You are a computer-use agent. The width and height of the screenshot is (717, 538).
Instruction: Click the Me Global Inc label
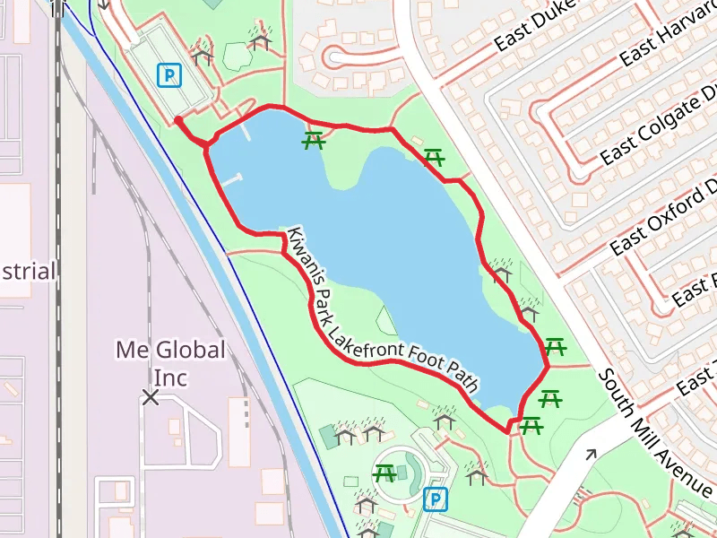170,362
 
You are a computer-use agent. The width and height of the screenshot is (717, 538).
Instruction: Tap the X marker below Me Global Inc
151,396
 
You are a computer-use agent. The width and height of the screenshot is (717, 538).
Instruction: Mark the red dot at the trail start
178,120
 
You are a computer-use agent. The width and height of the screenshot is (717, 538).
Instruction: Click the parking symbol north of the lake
168,75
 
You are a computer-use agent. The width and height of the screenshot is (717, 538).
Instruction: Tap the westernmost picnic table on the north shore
313,141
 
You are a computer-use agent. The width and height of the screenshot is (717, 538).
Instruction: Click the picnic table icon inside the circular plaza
385,473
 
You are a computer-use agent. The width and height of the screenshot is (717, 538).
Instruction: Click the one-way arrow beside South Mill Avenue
590,456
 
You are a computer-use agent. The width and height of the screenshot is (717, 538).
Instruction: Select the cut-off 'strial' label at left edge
29,271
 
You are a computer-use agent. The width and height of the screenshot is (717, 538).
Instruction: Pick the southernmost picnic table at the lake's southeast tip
531,426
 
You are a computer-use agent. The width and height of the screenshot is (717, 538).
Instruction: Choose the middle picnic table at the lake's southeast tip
550,397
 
